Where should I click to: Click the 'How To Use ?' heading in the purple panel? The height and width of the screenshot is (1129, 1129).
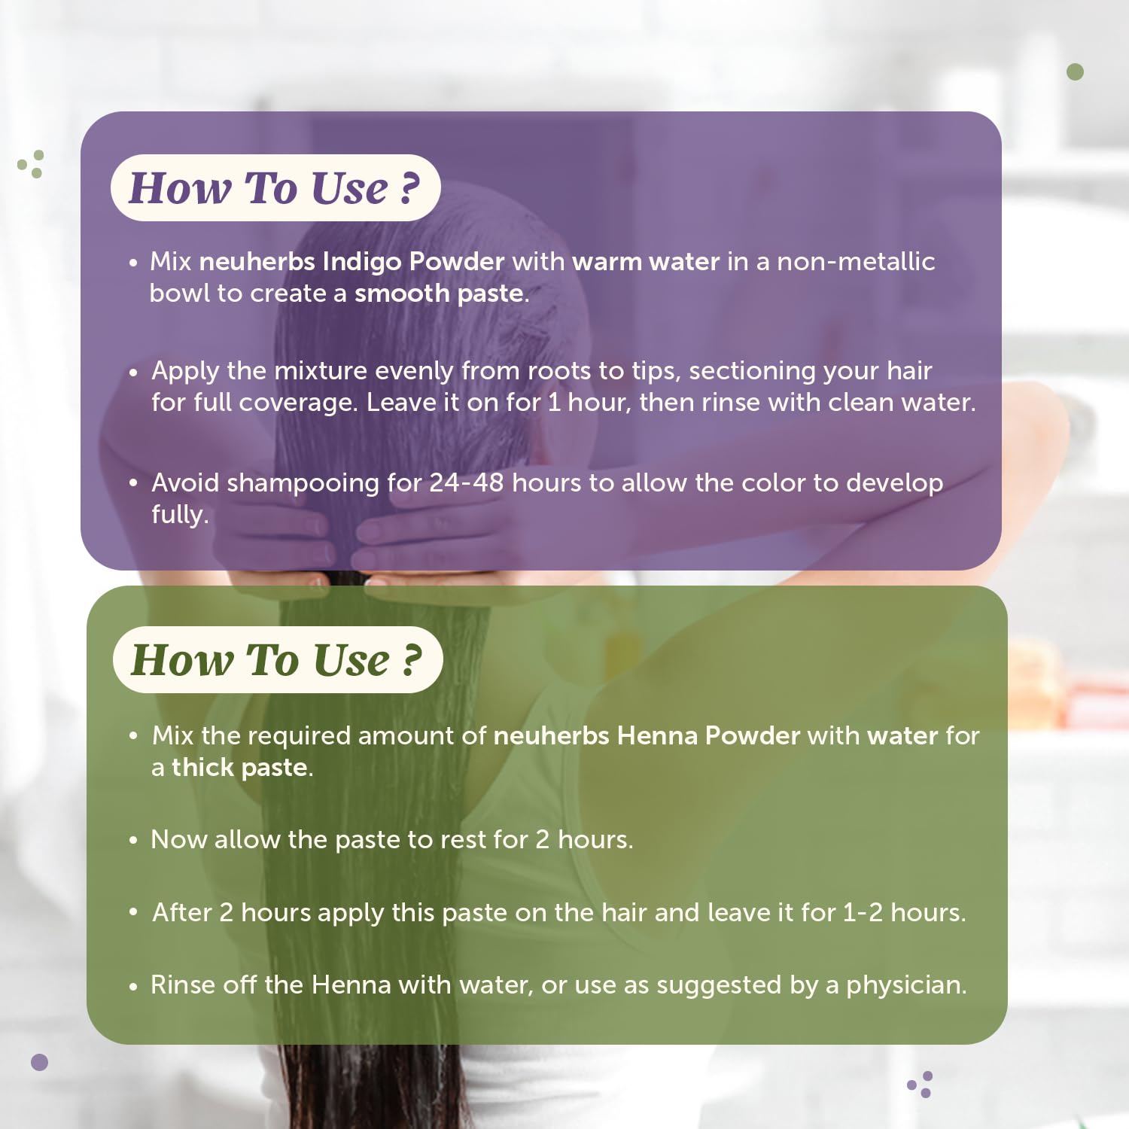275,187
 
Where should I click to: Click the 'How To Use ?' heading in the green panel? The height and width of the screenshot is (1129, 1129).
276,660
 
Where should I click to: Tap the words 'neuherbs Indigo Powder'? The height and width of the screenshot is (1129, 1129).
351,261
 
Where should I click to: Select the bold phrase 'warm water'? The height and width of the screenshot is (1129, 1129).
646,261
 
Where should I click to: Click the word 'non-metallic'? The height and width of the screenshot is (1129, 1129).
856,261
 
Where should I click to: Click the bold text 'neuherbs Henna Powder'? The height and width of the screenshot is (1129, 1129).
647,735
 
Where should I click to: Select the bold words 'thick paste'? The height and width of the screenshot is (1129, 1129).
239,768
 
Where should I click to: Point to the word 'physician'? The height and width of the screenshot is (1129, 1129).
903,985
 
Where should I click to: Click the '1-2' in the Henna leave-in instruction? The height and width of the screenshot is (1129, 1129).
863,912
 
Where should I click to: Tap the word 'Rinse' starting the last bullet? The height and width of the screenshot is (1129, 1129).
183,984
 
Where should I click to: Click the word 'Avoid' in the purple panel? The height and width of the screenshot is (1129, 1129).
185,482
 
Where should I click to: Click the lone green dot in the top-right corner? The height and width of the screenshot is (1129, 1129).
1076,72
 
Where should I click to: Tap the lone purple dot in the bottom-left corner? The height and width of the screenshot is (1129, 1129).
39,1062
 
